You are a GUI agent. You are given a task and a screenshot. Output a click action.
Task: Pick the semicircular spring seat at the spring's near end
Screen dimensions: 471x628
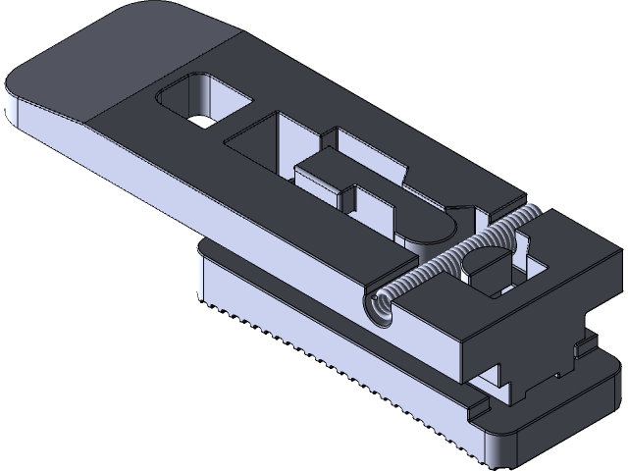point(379,309)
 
